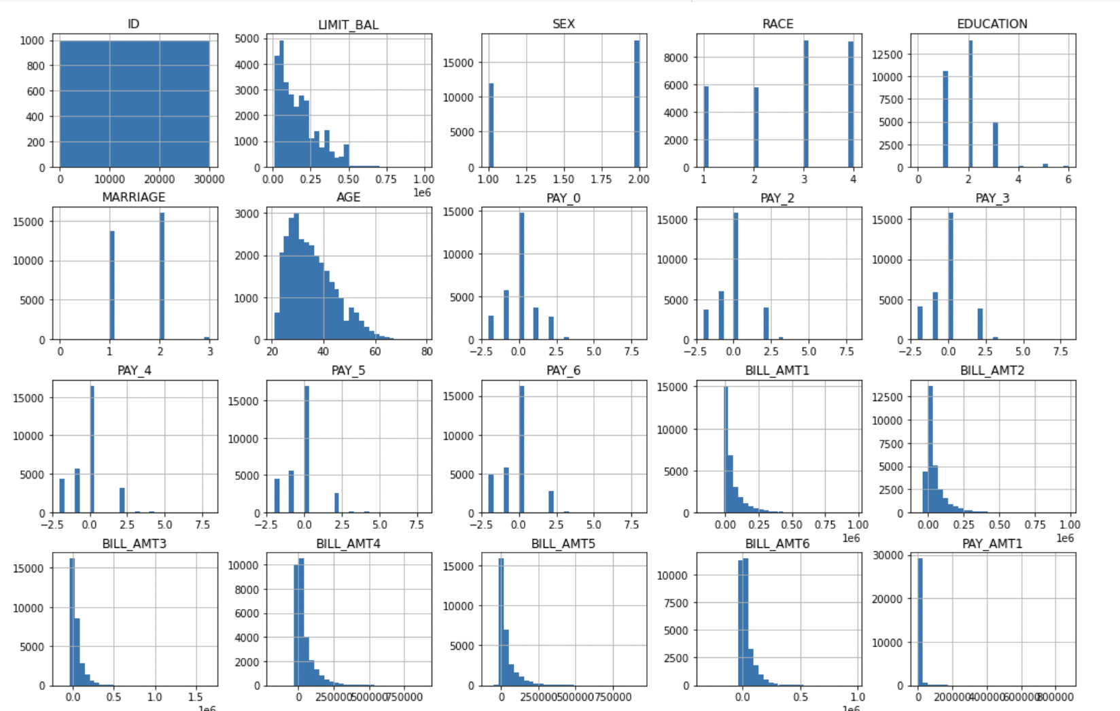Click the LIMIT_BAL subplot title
pyautogui.click(x=348, y=24)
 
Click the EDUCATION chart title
pyautogui.click(x=992, y=24)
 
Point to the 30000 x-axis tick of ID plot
pyautogui.click(x=209, y=179)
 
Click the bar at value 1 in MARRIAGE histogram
pyautogui.click(x=112, y=285)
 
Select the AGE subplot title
pyautogui.click(x=348, y=197)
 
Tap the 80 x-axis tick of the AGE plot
pyautogui.click(x=427, y=352)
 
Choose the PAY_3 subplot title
pyautogui.click(x=992, y=198)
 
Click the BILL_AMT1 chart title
pyautogui.click(x=777, y=370)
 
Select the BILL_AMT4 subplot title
pyautogui.click(x=348, y=544)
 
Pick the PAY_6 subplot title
pyautogui.click(x=563, y=370)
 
